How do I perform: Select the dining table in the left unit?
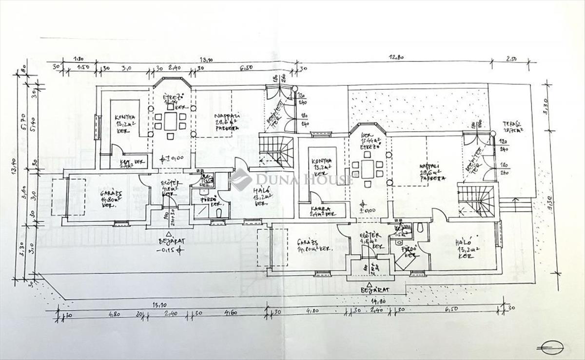point(171,121)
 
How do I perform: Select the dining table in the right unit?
point(368,168)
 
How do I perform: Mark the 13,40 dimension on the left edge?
point(18,172)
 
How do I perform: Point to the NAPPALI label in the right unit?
point(430,167)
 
